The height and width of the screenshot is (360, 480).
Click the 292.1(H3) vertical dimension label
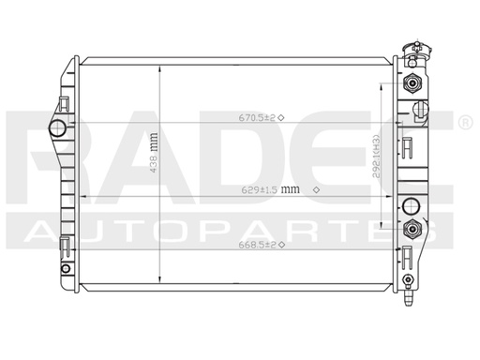click(x=374, y=154)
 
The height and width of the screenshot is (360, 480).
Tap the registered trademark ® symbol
click(x=465, y=123)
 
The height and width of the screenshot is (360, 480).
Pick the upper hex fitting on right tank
click(x=410, y=82)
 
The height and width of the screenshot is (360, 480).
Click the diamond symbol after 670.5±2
click(x=281, y=117)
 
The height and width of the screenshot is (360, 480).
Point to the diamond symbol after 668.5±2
click(x=281, y=245)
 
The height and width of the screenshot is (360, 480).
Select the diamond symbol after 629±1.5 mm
click(x=315, y=189)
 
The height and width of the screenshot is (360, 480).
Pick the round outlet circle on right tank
click(x=410, y=207)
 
